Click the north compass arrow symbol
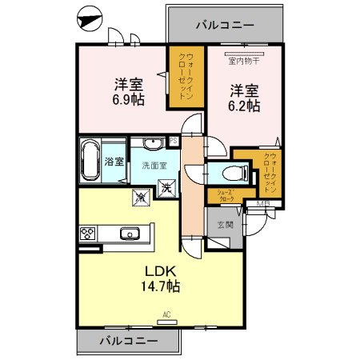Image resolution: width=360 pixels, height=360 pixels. point(91,17)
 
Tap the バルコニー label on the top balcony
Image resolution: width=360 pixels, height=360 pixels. point(225,25)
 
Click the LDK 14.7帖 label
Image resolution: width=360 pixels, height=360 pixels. point(161,279)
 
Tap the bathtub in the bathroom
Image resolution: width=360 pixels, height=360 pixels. point(90,162)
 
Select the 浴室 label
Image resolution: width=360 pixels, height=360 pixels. point(114,162)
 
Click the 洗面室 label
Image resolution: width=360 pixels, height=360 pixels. point(154,166)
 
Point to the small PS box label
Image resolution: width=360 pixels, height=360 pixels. point(172,141)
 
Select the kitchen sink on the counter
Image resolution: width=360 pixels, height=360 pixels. point(130,234)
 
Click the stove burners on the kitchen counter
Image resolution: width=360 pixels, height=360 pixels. point(87,234)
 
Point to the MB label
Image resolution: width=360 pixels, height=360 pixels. point(263,205)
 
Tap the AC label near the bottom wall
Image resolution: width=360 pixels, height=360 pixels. point(167,314)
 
